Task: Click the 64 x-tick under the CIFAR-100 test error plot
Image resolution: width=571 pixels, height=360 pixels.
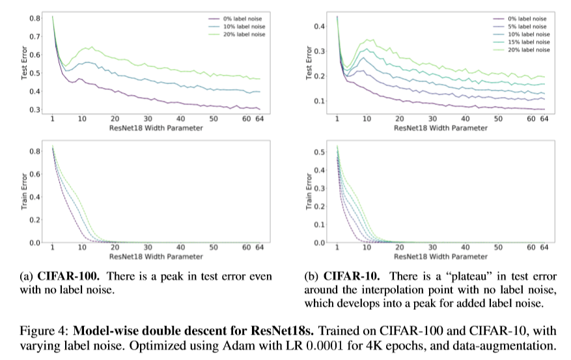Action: pos(259,119)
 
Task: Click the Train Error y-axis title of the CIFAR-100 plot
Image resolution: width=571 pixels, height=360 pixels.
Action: pos(24,194)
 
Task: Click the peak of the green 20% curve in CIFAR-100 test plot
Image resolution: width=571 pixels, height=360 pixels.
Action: pos(91,47)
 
